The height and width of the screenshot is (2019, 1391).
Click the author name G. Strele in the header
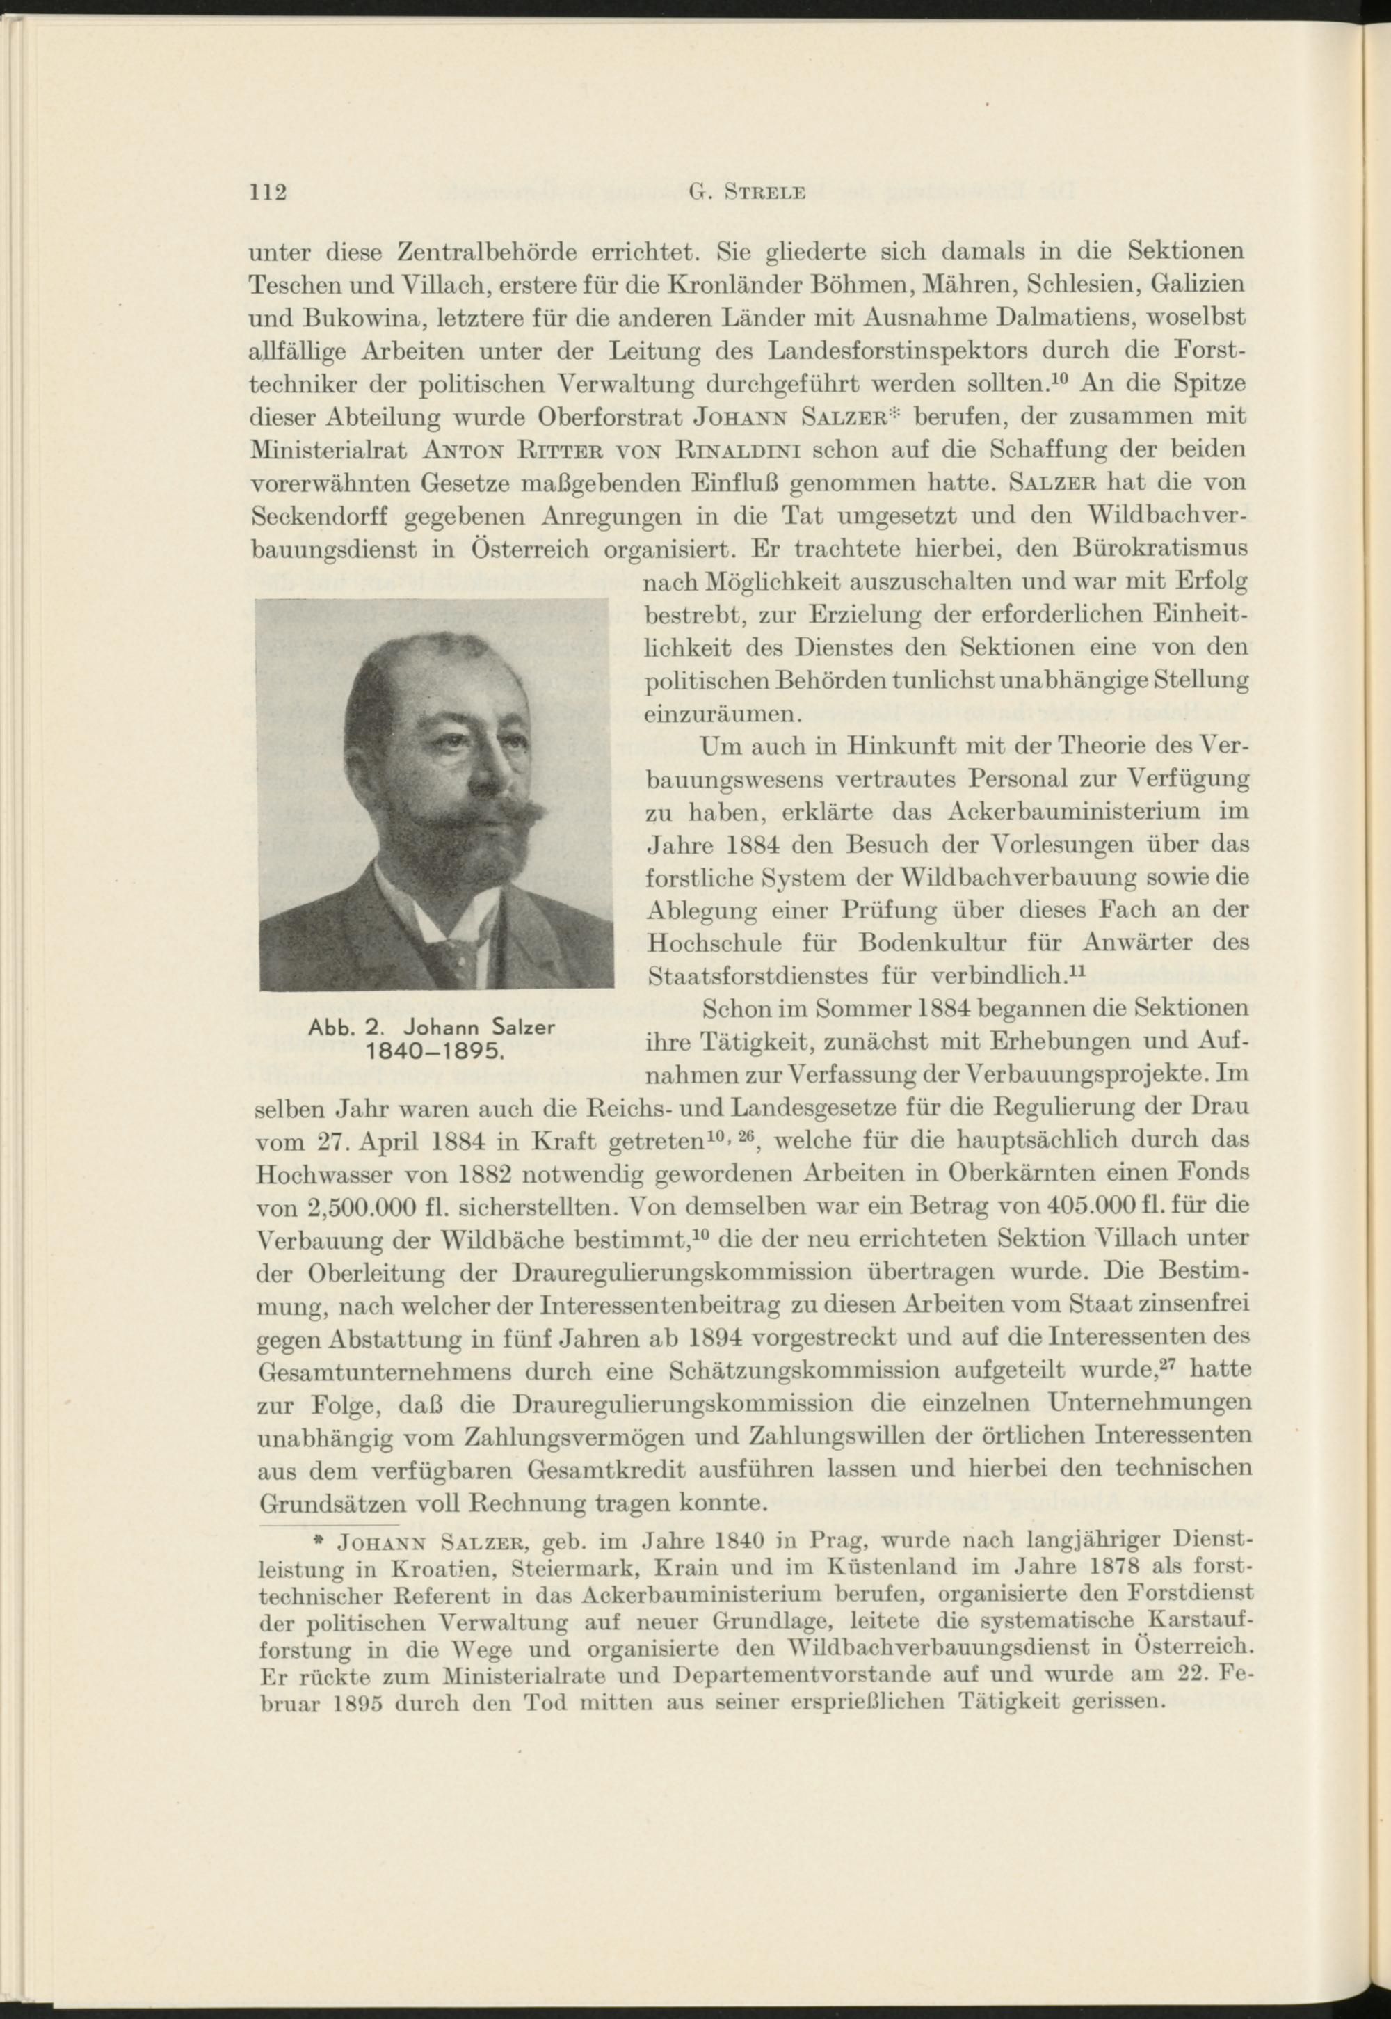(x=747, y=193)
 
